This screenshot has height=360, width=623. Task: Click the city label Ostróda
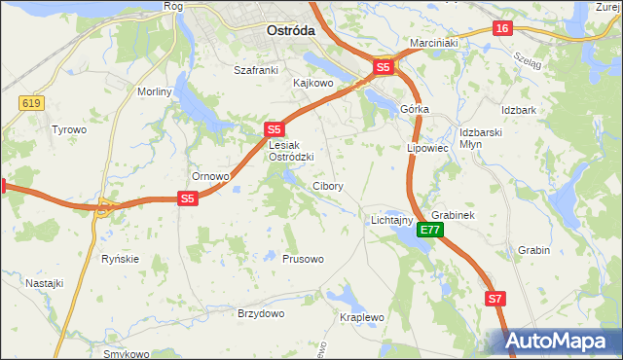click(290, 30)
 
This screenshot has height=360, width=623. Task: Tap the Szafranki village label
click(257, 70)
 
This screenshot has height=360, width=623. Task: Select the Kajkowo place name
click(313, 84)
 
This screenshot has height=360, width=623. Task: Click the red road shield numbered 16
click(502, 28)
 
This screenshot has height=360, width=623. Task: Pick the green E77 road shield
click(431, 231)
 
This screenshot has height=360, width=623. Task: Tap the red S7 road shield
click(495, 300)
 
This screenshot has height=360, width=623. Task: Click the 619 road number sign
click(27, 101)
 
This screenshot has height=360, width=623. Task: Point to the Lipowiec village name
click(426, 149)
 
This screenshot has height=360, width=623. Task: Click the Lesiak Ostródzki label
click(290, 151)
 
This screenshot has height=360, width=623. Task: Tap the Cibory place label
click(327, 186)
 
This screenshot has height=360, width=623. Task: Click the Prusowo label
click(303, 259)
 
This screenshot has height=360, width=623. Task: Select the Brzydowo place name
click(261, 313)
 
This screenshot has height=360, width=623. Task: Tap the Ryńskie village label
click(121, 259)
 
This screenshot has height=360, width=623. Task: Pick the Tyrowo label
click(69, 129)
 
